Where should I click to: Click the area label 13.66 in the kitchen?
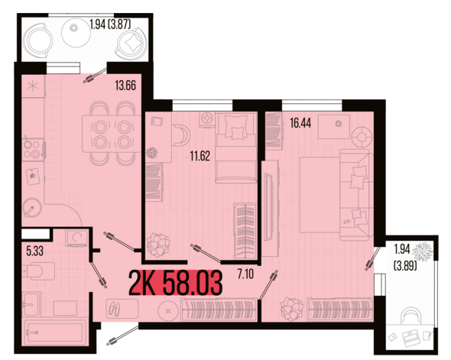pos(125,86)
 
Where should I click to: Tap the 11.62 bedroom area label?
pos(200,156)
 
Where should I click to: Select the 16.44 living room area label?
pos(300,123)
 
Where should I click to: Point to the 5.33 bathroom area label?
pos(35,251)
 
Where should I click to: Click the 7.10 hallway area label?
pos(245,274)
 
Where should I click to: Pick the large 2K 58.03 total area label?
pos(176,283)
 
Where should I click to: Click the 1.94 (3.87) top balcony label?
pos(110,24)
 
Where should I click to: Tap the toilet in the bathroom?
pos(38,271)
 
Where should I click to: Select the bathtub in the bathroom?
pos(54,332)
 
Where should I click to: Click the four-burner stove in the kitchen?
pos(33,150)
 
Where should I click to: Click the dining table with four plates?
pos(112,134)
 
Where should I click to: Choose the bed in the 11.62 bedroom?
pos(236,148)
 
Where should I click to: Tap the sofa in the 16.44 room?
pos(355,195)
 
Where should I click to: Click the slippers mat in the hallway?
pos(122,309)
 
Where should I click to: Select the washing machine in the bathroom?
pos(76,238)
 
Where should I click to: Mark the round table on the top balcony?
pos(76,33)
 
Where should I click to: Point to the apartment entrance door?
pos(123,336)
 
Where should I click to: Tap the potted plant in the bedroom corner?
pos(158,245)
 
